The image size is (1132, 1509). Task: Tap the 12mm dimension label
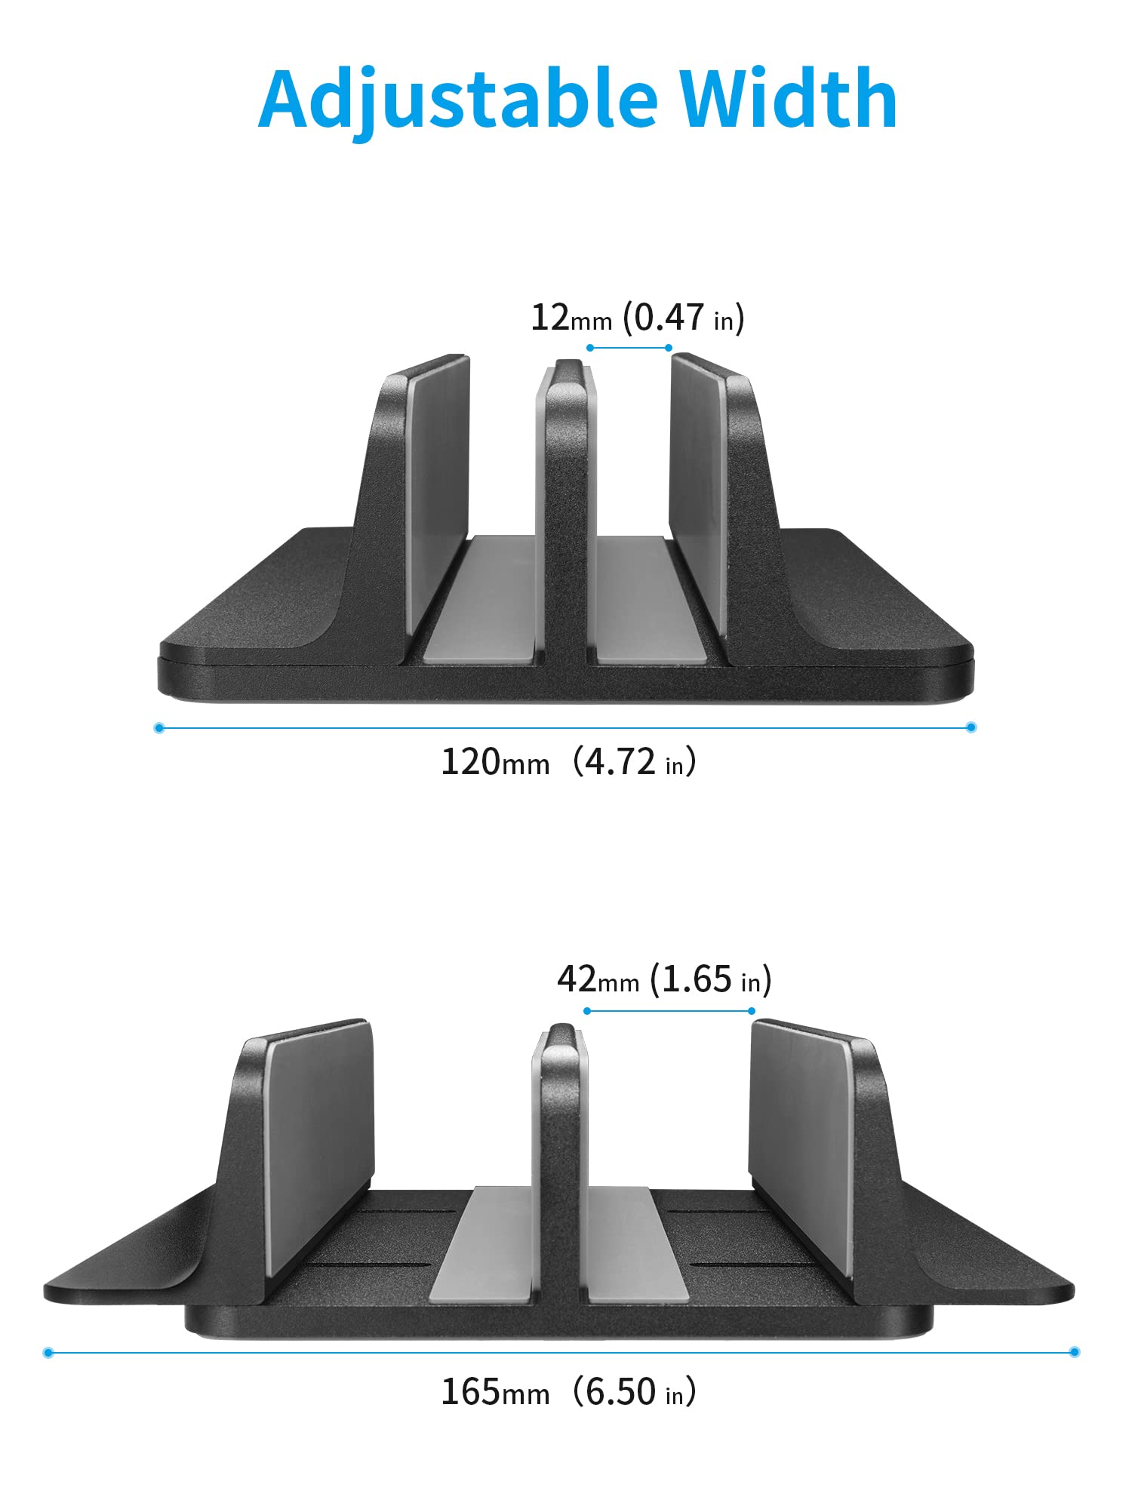(x=571, y=318)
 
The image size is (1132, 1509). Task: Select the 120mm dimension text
(x=495, y=762)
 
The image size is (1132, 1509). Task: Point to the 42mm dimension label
(x=598, y=980)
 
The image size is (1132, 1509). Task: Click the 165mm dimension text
(x=495, y=1392)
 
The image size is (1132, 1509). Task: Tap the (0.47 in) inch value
(x=684, y=318)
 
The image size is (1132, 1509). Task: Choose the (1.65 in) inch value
(x=711, y=980)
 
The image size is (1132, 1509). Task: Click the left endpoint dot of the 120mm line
(x=158, y=728)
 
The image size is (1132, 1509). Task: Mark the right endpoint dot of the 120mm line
(x=971, y=727)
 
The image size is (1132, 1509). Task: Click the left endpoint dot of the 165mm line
(x=48, y=1353)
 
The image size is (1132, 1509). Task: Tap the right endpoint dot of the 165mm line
(x=1075, y=1352)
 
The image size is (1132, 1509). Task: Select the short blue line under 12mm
(x=629, y=348)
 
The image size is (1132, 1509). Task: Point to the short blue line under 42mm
(x=669, y=1011)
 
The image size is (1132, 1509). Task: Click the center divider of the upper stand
(x=566, y=513)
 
